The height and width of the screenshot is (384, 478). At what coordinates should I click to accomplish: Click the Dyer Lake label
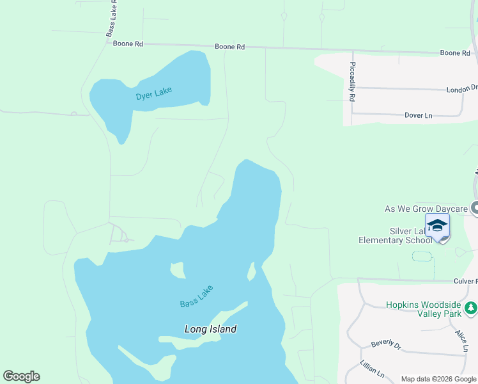coord(154,94)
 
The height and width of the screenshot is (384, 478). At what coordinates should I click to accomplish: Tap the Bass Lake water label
coord(196,295)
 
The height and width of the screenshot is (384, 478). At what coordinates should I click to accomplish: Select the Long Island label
coord(210,329)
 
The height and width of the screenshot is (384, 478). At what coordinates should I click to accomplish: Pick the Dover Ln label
coord(419,115)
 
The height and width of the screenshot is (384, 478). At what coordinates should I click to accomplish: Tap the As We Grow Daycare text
coord(426,209)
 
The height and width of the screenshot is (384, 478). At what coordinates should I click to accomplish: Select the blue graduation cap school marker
coord(438,226)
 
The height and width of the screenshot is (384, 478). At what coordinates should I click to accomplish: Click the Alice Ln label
coord(461,341)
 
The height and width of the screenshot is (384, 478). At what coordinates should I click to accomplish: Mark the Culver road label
coord(465,281)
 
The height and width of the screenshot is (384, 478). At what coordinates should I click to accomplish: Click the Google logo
coord(21,376)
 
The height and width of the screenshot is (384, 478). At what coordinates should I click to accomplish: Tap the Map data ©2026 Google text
coord(438,379)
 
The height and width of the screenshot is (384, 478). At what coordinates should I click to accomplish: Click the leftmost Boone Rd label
coord(128,44)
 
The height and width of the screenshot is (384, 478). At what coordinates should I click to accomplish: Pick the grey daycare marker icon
coord(474,208)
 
